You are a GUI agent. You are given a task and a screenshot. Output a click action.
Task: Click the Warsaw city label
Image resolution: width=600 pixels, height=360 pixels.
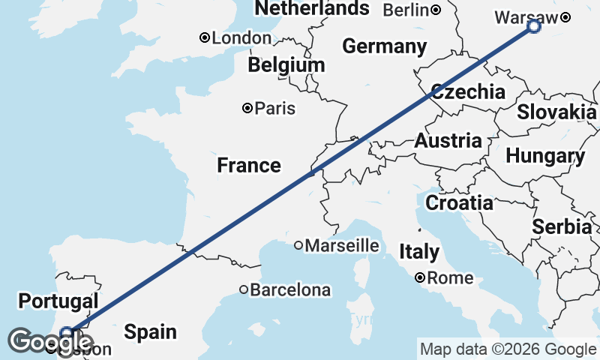[526, 17]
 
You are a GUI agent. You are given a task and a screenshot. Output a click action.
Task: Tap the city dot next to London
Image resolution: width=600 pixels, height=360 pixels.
[203, 37]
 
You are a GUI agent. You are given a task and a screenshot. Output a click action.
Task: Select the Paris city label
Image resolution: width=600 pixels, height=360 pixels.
[274, 109]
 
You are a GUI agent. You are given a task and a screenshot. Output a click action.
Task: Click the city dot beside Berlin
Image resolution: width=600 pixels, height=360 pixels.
[436, 10]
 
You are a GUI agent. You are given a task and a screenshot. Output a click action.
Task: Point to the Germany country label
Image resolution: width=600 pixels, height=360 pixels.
[385, 46]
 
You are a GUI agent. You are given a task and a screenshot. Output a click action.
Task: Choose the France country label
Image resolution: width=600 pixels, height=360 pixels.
[249, 165]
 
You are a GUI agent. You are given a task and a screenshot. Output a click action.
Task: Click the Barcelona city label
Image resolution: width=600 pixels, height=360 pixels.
[289, 289]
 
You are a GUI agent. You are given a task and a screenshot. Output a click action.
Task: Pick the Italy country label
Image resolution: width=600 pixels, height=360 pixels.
[419, 251]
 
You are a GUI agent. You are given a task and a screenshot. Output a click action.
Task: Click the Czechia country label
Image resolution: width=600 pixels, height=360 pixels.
[468, 92]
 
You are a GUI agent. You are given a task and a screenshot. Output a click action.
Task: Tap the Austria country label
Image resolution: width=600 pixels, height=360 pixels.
[448, 140]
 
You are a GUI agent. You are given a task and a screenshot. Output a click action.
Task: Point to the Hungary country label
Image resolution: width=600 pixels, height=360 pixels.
[545, 156]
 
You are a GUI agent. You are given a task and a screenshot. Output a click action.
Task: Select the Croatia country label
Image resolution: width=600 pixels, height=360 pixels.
[459, 202]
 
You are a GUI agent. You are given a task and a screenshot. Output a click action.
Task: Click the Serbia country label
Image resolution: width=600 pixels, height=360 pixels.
[562, 226]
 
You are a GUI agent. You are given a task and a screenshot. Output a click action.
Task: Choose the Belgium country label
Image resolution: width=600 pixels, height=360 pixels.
[286, 65]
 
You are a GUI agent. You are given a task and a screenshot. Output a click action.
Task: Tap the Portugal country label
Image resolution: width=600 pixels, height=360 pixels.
[58, 301]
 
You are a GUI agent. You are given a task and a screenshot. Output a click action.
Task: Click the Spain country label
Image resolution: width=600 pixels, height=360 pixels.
[151, 331]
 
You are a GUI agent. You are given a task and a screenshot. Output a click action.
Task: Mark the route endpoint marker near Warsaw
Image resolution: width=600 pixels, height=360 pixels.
[533, 26]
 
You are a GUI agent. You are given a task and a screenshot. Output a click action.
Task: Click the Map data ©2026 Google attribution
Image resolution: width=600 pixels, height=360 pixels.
[508, 349]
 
